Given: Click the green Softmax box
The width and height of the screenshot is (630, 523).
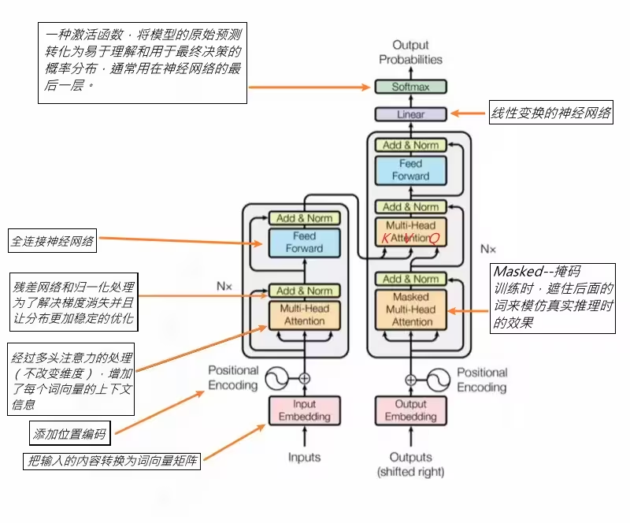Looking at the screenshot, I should click(410, 87).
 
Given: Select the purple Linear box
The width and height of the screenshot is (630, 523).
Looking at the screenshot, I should click(410, 114).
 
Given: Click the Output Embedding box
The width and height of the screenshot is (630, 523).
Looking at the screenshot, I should click(410, 410).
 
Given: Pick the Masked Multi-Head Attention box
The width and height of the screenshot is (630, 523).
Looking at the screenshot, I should click(410, 310).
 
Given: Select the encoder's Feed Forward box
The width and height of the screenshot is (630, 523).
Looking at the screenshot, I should click(304, 242).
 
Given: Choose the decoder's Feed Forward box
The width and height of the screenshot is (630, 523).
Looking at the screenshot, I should click(410, 170).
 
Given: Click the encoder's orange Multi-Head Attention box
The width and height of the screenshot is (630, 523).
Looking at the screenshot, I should click(304, 315).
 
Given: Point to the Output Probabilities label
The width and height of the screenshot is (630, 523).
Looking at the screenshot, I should click(410, 53).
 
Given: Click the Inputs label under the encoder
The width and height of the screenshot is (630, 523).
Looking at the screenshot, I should click(304, 457).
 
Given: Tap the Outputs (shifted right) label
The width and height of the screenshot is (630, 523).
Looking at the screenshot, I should click(410, 464).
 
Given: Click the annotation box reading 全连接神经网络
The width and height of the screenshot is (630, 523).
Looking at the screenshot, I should click(52, 240).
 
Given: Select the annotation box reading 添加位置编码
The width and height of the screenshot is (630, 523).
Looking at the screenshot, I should click(69, 433).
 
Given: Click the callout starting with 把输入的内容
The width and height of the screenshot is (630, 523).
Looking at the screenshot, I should click(112, 462).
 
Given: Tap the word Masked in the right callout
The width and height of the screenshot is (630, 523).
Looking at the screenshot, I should click(518, 273).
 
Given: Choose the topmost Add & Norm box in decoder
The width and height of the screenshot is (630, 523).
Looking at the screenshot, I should click(410, 145).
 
